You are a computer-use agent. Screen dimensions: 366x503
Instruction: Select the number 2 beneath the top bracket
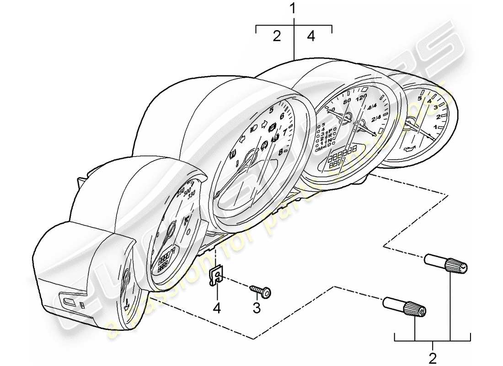coord(277,37)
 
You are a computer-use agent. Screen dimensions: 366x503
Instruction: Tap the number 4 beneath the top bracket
coord(311,37)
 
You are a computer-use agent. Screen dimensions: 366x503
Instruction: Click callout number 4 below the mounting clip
coord(217,309)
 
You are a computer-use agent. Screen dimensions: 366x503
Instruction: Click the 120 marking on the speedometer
coord(361,98)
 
